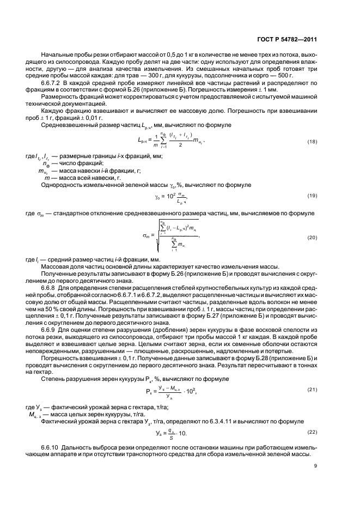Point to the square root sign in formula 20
[158, 239]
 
